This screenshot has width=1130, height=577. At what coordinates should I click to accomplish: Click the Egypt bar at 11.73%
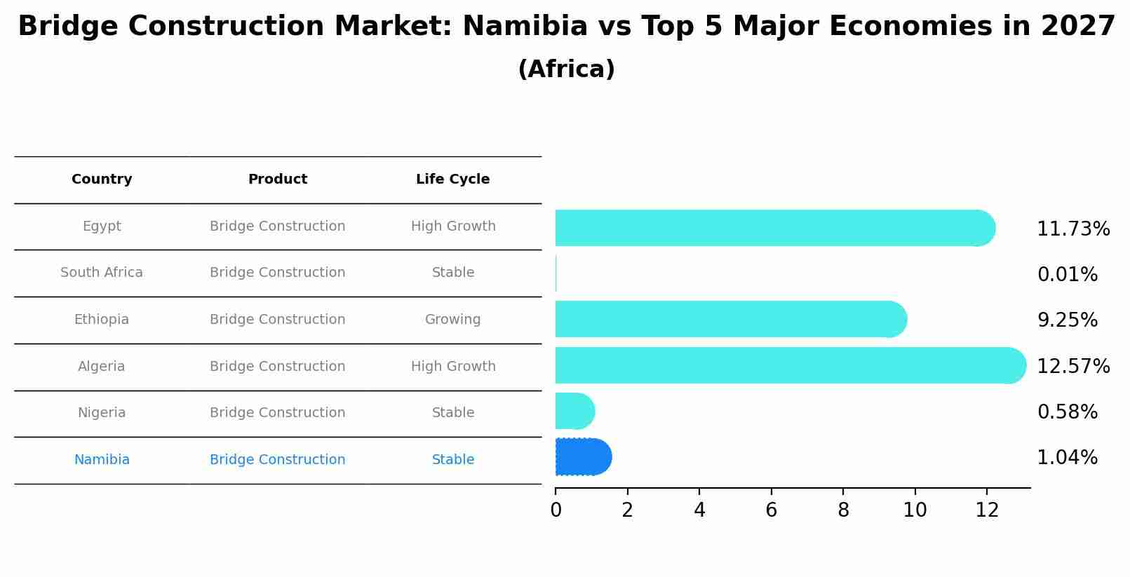pos(772,228)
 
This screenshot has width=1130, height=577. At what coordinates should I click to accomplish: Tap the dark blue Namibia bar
pos(582,457)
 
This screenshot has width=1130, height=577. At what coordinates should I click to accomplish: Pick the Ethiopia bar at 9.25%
pos(729,319)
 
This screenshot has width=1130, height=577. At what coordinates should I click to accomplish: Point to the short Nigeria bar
pos(574,411)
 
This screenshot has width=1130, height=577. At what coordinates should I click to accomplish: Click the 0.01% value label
pos(1067,275)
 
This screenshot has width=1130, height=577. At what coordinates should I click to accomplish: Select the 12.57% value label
pos(1072,366)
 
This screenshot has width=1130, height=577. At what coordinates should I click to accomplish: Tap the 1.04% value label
pos(1067,458)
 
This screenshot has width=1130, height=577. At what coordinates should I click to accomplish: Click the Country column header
pos(102,179)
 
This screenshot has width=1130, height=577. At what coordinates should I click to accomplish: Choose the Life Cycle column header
pos(452,179)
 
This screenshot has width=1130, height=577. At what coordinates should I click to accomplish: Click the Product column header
pos(277,179)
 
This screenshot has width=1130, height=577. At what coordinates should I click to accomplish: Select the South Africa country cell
pos(102,273)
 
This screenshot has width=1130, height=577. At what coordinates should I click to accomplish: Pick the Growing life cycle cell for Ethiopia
pos(452,320)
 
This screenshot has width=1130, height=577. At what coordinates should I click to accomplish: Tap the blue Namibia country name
pos(102,460)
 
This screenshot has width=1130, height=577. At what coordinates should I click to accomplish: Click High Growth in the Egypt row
pos(452,226)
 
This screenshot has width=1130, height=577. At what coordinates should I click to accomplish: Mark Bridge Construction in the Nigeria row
pos(277,413)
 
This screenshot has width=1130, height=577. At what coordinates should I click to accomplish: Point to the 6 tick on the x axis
pos(771,510)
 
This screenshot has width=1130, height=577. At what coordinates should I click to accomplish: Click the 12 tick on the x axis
pos(986,510)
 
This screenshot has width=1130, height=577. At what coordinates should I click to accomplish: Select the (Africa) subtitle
pos(565,69)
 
